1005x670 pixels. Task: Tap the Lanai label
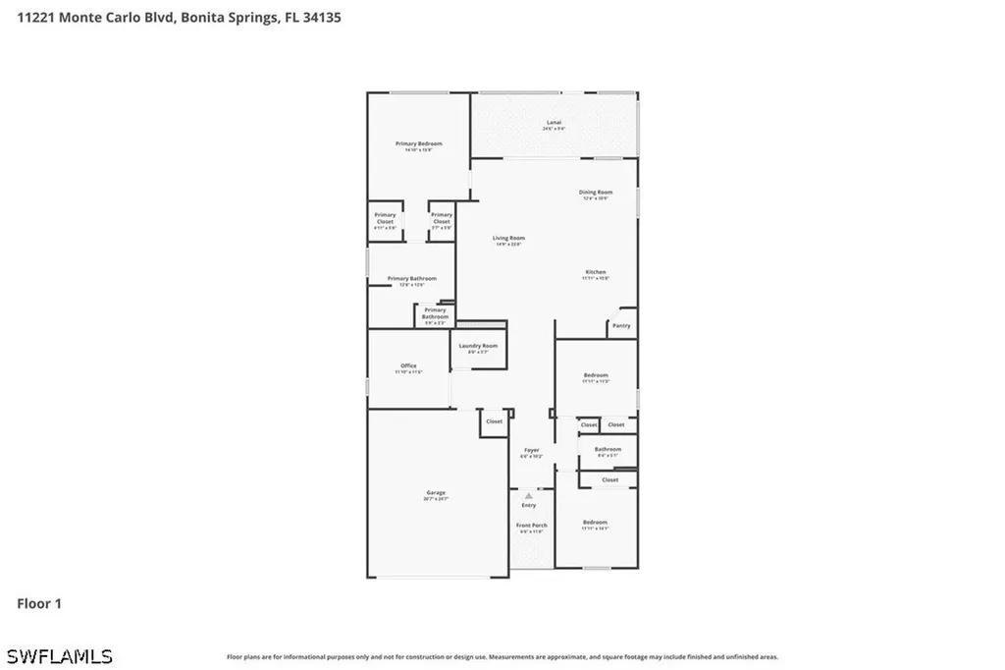pyautogui.click(x=555, y=124)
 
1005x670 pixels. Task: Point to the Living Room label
pyautogui.click(x=508, y=239)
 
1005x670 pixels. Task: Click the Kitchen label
pyautogui.click(x=596, y=272)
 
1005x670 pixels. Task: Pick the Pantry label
pyautogui.click(x=621, y=325)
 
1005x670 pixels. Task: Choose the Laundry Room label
pyautogui.click(x=477, y=346)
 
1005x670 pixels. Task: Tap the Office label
pyautogui.click(x=408, y=365)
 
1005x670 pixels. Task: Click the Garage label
pyautogui.click(x=436, y=493)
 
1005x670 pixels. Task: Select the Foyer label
pyautogui.click(x=531, y=450)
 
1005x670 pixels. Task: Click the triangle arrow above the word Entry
pyautogui.click(x=529, y=495)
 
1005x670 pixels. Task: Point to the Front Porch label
pyautogui.click(x=532, y=526)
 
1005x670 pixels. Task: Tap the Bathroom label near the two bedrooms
pyautogui.click(x=608, y=450)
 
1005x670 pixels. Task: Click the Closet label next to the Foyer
pyautogui.click(x=494, y=421)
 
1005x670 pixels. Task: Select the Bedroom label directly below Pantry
pyautogui.click(x=596, y=375)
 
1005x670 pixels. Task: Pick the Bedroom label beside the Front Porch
pyautogui.click(x=595, y=523)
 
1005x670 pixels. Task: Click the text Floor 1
pyautogui.click(x=39, y=603)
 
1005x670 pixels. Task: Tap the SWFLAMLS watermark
pyautogui.click(x=59, y=655)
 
